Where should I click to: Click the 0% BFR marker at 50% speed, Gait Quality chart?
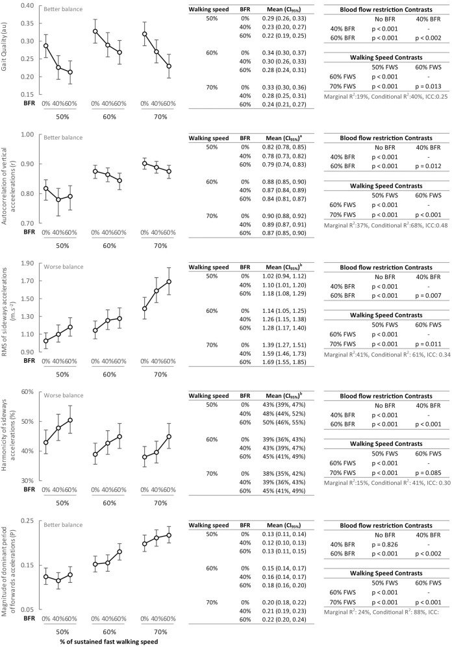(x=45, y=45)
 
